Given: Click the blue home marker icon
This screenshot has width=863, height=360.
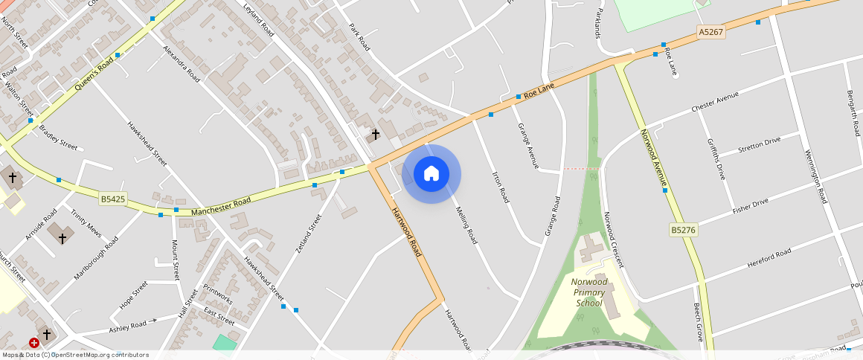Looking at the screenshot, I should [431, 174].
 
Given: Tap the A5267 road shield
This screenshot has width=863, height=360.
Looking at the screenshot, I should [710, 33].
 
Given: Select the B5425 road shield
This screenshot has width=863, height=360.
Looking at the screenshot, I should [113, 199].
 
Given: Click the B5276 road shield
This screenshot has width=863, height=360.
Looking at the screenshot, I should [683, 231].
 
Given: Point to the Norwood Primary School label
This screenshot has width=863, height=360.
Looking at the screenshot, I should [589, 292].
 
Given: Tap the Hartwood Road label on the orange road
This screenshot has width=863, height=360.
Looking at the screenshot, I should [406, 232].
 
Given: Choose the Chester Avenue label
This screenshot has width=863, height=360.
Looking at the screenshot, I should [715, 103].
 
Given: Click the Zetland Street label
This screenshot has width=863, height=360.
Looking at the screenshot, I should [309, 234].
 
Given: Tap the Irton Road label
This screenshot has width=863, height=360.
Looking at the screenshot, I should [501, 187].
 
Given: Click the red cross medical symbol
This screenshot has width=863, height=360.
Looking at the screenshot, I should [34, 343].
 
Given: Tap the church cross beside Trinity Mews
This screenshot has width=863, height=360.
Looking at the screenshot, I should [62, 238].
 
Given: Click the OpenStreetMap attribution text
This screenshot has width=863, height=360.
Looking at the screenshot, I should [74, 355].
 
